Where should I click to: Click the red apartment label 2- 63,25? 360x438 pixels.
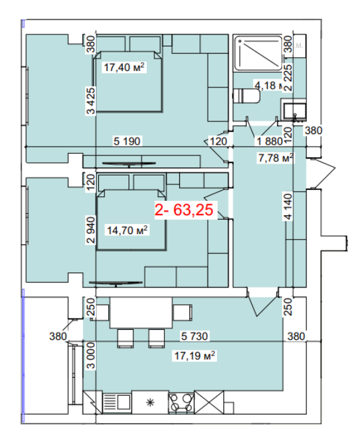click(x=184, y=210)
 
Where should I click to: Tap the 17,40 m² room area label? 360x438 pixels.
click(x=124, y=67)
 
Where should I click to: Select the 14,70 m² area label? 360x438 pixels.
click(x=127, y=230)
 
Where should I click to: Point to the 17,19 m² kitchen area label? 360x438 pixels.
click(x=194, y=356)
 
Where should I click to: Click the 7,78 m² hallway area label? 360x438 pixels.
click(x=276, y=158)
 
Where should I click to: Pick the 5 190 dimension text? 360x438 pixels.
click(x=127, y=141)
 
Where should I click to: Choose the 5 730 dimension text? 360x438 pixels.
click(x=194, y=336)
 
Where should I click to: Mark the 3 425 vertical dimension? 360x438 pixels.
click(x=91, y=101)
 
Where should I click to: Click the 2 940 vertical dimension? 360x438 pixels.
click(x=91, y=230)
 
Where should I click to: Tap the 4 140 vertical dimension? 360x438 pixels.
click(x=288, y=206)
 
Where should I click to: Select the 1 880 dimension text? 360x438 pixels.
click(x=269, y=141)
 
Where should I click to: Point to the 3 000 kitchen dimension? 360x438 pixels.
click(x=91, y=356)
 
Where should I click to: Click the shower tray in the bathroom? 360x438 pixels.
click(x=258, y=53)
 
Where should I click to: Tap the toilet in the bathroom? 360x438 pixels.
click(x=247, y=96)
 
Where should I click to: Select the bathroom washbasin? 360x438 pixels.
click(x=295, y=110)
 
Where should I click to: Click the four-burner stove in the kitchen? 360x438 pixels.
click(x=181, y=402)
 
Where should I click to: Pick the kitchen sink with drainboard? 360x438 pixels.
click(x=117, y=403)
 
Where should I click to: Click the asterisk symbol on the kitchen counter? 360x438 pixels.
click(x=150, y=403)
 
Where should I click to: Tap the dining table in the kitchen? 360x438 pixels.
click(x=141, y=312)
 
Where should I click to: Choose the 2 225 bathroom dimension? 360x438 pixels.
click(x=288, y=77)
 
